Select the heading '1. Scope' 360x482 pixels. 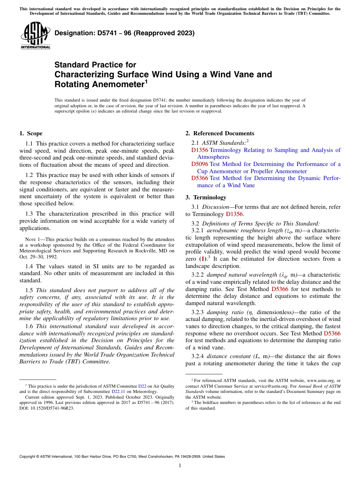coord(31,133)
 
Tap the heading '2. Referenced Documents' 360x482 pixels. coord(220,133)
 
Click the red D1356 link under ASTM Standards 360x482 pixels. coord(199,150)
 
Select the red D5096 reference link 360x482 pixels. coord(199,164)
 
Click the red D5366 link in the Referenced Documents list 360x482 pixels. coord(199,178)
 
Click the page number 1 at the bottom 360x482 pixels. coord(180,465)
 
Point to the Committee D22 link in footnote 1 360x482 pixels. coord(142,386)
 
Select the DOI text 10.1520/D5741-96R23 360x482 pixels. coord(53,408)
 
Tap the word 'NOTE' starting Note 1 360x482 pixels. coord(30,239)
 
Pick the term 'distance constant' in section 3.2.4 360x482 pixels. coord(229,356)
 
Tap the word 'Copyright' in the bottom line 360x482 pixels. coord(28,457)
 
